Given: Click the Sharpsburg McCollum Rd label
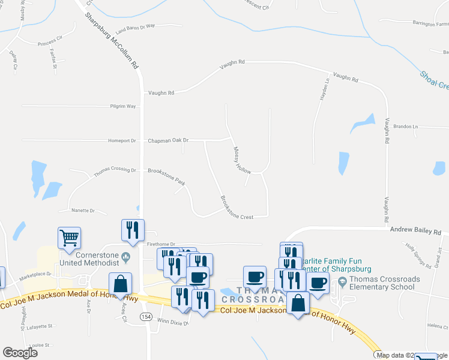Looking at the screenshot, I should coord(113,39).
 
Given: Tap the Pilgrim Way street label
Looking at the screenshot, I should coord(123,106).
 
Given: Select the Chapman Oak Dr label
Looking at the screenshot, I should coord(169,140).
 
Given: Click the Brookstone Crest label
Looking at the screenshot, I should coord(237,208).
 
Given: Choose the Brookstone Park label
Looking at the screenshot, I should coord(167,171).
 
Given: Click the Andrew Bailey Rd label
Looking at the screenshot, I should coord(415,230).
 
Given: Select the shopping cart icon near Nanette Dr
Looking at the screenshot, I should coord(69,238).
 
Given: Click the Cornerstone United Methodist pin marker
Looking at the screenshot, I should coord(125,258).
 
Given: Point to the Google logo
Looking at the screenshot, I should coord(20,353).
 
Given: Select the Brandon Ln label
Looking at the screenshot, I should coord(405,127).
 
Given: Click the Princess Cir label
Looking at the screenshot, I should coord(50,41).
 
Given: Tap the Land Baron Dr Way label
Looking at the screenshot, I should coord(135,28).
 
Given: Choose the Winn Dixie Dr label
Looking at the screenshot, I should coord(173,322).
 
